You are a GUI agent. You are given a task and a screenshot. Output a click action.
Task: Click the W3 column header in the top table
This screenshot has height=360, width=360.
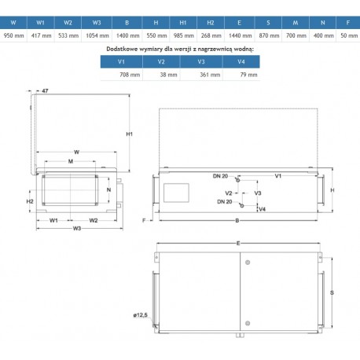point(97,23)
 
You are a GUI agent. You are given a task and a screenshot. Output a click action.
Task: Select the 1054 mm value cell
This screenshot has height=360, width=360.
point(97,35)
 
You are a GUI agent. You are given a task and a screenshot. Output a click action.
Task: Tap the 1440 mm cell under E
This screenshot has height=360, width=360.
point(240,35)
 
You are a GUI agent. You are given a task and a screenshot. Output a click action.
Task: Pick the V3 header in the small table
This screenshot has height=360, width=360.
point(201,61)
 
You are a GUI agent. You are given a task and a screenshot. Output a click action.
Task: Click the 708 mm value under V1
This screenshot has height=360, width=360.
point(130,75)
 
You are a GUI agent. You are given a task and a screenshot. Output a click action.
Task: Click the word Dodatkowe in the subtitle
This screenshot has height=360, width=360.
point(121,49)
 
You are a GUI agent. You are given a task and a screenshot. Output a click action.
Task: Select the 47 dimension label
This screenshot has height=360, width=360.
point(45,90)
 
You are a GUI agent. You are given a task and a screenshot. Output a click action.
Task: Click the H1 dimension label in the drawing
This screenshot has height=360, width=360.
point(130,134)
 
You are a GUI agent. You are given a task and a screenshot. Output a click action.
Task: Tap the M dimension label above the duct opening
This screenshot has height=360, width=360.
point(71,161)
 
